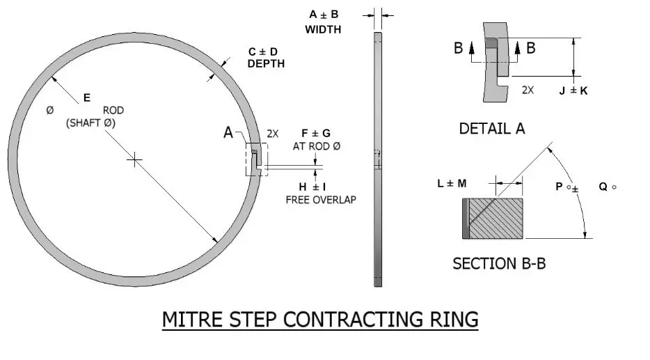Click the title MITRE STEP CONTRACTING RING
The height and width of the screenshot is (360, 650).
[320, 320]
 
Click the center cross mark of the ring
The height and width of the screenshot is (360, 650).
[135, 160]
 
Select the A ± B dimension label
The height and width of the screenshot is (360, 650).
[323, 15]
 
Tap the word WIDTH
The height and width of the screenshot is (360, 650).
[323, 29]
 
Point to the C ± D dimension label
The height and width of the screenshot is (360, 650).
[265, 52]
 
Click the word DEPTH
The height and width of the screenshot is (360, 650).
[266, 63]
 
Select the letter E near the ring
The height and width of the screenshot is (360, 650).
[86, 98]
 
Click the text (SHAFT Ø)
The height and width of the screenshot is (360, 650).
[90, 123]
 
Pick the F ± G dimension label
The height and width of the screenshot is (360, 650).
[315, 133]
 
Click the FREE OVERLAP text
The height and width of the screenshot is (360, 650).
[321, 199]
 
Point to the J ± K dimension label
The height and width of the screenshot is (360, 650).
[573, 91]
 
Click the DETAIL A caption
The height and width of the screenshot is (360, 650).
[492, 128]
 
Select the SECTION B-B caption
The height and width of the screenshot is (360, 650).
[499, 264]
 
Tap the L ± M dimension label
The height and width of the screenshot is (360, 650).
[452, 182]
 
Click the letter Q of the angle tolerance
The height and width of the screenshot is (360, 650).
[603, 187]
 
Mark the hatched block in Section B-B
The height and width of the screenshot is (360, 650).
[496, 218]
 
